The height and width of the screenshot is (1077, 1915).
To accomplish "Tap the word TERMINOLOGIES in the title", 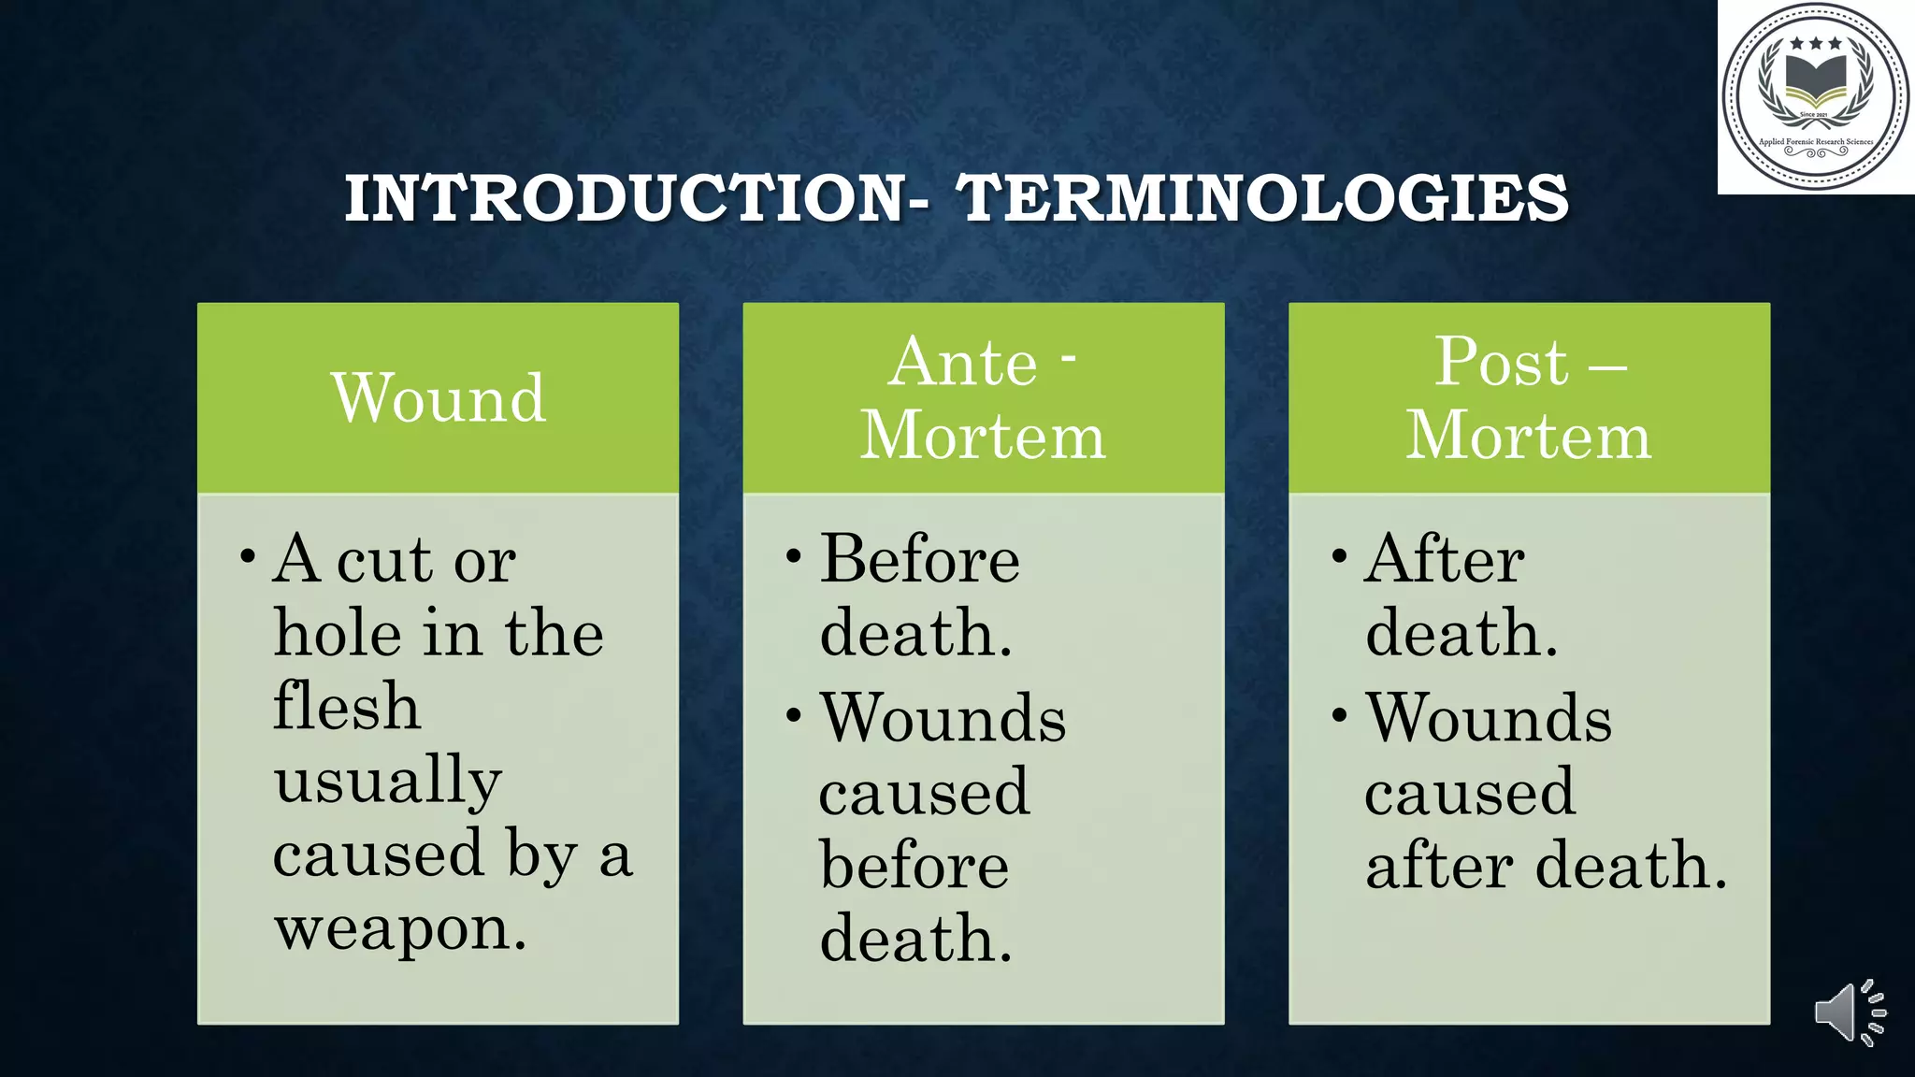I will [x=1262, y=199].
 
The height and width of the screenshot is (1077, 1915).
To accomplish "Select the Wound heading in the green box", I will [x=438, y=398].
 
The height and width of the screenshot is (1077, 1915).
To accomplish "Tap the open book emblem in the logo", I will [x=1815, y=83].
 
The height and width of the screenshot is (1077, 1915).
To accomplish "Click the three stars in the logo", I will [x=1815, y=43].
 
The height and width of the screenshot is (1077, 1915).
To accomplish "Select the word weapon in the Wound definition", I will [x=400, y=929].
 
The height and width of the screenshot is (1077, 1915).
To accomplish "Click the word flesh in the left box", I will [x=346, y=706].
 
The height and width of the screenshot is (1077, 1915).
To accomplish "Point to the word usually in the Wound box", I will [x=387, y=781].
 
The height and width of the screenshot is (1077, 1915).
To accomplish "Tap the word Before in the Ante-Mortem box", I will [x=919, y=560].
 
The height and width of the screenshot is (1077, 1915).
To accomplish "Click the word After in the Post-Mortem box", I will [x=1445, y=560].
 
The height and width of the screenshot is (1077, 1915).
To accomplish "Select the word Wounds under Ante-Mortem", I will [x=943, y=719].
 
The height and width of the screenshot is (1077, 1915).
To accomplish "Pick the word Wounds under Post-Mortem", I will [x=1489, y=719].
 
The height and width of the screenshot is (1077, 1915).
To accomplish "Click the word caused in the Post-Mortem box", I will [x=1470, y=792].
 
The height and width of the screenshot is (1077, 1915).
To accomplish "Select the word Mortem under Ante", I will [x=983, y=436].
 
